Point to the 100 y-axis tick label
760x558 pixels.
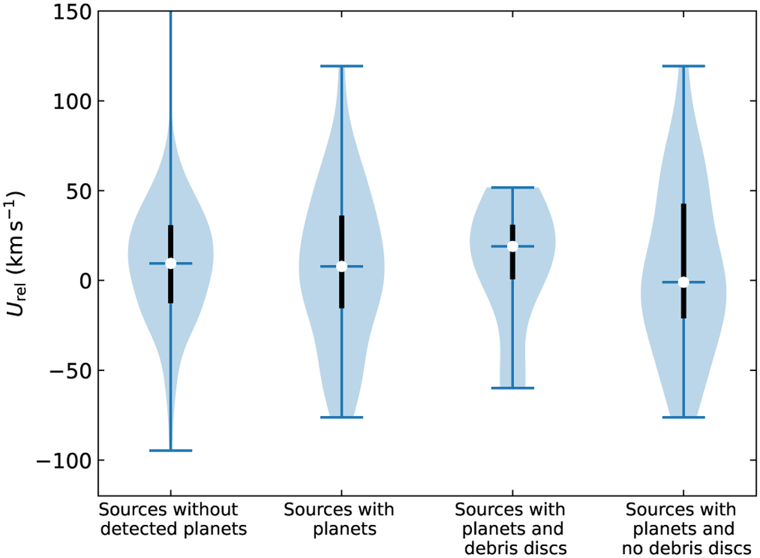[x=72, y=101]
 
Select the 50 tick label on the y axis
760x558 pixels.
[x=79, y=191]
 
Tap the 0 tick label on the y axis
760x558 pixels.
[x=86, y=281]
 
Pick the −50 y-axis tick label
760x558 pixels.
[x=71, y=370]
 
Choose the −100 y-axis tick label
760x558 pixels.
[x=64, y=460]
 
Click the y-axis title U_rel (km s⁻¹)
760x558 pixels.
[x=15, y=254]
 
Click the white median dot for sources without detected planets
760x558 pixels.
[x=170, y=263]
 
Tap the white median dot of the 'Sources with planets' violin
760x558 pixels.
[x=341, y=266]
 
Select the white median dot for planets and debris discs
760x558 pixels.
[x=512, y=246]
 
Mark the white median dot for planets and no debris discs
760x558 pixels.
[x=683, y=282]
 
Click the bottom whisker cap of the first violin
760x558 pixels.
[x=170, y=451]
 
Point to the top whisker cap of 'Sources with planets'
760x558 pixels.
[x=341, y=66]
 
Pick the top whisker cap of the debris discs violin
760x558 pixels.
[x=512, y=188]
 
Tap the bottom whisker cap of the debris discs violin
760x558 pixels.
[x=512, y=388]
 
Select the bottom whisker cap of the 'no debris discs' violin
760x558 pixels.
[x=683, y=417]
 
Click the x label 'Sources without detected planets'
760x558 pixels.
[x=173, y=519]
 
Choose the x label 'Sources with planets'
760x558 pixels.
[x=339, y=519]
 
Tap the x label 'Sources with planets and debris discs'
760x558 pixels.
[x=511, y=529]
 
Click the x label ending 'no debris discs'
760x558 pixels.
[x=682, y=529]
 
